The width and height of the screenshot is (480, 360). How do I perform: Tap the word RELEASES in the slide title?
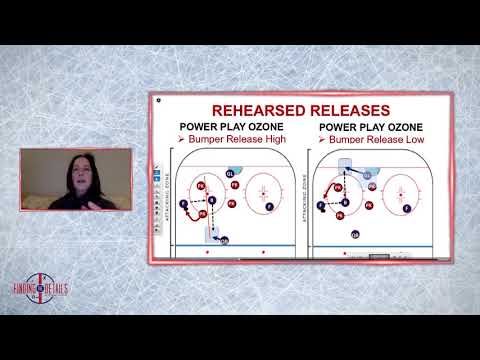(346, 110)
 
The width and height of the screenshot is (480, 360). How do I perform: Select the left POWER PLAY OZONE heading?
(224, 127)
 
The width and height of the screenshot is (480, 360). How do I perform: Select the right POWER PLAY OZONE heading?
(363, 127)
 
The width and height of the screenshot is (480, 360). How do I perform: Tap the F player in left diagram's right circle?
(269, 206)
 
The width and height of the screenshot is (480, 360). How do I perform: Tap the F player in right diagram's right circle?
(408, 205)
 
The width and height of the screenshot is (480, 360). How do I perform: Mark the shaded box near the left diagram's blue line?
(212, 233)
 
